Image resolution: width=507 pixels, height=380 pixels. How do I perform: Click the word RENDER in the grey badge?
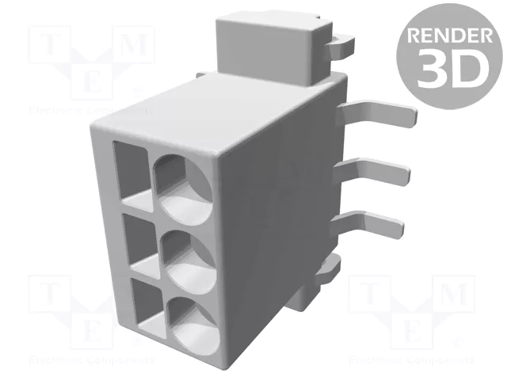click(x=449, y=35)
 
